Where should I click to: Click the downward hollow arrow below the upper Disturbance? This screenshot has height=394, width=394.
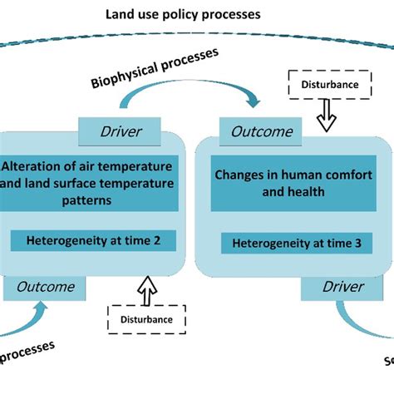(x=329, y=118)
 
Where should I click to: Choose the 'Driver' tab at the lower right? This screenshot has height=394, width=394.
(x=342, y=287)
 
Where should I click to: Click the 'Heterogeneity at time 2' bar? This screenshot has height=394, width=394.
(x=93, y=242)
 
